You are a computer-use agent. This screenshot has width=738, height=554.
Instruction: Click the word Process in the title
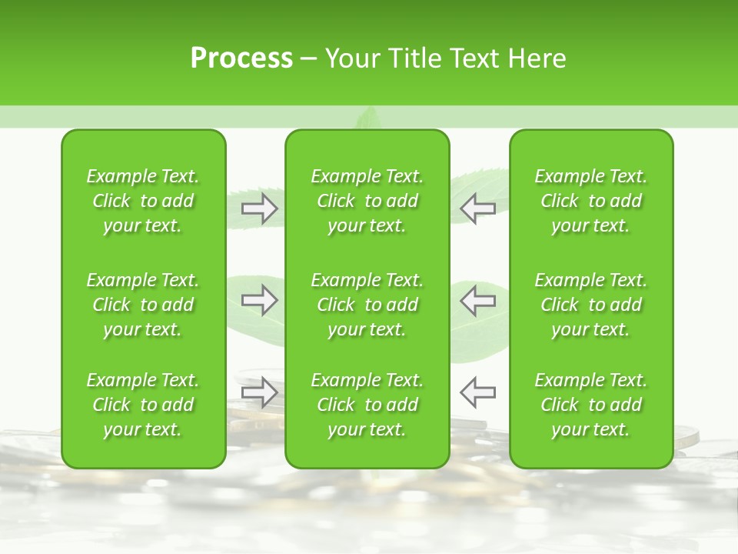pyautogui.click(x=241, y=58)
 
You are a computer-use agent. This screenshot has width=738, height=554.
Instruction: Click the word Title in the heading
pyautogui.click(x=411, y=58)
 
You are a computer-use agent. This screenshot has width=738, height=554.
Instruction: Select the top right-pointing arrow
pyautogui.click(x=260, y=208)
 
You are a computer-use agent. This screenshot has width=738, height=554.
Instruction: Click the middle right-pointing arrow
pyautogui.click(x=260, y=300)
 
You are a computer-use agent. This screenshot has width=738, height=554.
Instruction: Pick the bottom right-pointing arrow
pyautogui.click(x=260, y=392)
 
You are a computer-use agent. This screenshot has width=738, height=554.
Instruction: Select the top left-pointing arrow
pyautogui.click(x=478, y=208)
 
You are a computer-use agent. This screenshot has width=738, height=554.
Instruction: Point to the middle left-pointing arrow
pyautogui.click(x=478, y=300)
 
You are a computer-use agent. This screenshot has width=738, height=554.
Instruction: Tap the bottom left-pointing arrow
pyautogui.click(x=478, y=392)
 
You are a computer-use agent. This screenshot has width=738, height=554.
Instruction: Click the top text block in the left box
pyautogui.click(x=143, y=201)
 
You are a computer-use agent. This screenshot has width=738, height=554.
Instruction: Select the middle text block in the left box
pyautogui.click(x=143, y=305)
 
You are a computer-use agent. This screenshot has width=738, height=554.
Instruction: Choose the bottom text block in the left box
pyautogui.click(x=143, y=405)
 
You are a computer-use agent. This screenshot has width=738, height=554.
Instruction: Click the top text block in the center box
pyautogui.click(x=367, y=201)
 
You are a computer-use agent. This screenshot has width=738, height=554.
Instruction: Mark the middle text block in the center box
pyautogui.click(x=367, y=305)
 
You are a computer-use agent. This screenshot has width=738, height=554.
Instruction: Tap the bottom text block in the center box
pyautogui.click(x=367, y=405)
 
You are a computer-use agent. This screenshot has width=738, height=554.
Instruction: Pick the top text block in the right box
pyautogui.click(x=591, y=201)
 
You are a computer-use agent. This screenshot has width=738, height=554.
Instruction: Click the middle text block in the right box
pyautogui.click(x=591, y=305)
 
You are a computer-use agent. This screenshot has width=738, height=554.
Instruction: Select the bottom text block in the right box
pyautogui.click(x=591, y=405)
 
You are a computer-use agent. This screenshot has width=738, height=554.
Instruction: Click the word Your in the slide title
pyautogui.click(x=350, y=58)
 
